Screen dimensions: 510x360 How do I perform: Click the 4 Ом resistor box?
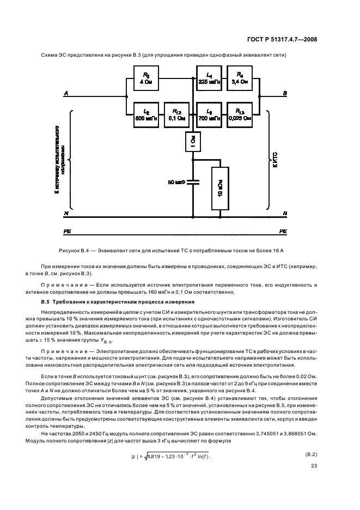pyautogui.click(x=145, y=77)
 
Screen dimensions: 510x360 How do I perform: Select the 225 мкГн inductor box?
pyautogui.click(x=209, y=77)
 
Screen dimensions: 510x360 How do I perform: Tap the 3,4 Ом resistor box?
pyautogui.click(x=240, y=77)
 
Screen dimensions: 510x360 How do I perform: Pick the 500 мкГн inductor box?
pyautogui.click(x=145, y=114)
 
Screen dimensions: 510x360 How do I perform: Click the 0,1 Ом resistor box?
pyautogui.click(x=178, y=114)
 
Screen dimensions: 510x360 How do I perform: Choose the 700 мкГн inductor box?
pyautogui.click(x=209, y=114)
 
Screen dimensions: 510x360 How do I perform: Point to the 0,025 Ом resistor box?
pyautogui.click(x=240, y=114)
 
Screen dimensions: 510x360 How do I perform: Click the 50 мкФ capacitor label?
pyautogui.click(x=176, y=181)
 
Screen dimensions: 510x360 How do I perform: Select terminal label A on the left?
pyautogui.click(x=66, y=94)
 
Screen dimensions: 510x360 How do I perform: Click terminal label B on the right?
pyautogui.click(x=284, y=94)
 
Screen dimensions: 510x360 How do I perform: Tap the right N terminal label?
pyautogui.click(x=284, y=213)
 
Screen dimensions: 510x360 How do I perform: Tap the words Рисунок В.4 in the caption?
pyautogui.click(x=75, y=250)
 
